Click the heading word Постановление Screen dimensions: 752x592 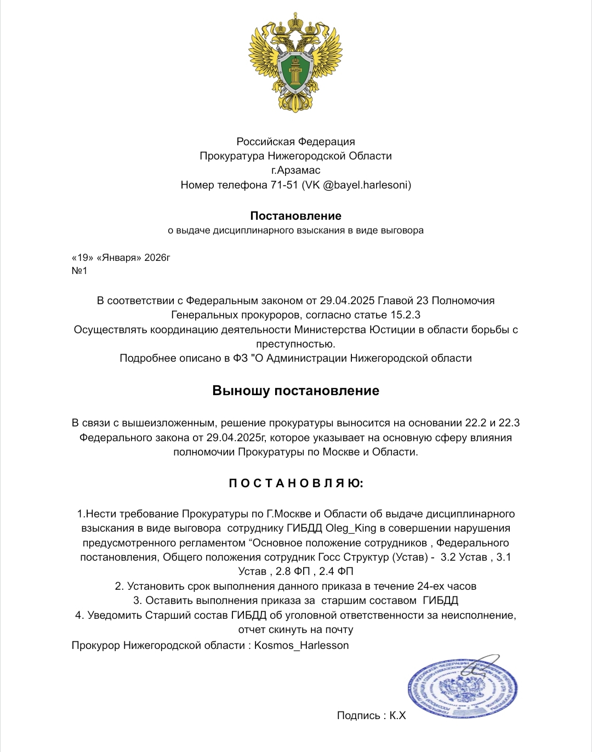point(296,215)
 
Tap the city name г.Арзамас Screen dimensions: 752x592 point(296,170)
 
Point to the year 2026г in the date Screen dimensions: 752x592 point(158,257)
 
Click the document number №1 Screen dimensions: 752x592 point(79,271)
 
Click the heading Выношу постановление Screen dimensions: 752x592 point(296,391)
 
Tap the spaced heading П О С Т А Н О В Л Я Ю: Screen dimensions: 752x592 point(296,483)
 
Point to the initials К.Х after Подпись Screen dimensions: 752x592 point(398,715)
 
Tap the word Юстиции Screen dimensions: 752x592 point(402,329)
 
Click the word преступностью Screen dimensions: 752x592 point(296,344)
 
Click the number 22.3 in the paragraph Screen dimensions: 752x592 point(509,423)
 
